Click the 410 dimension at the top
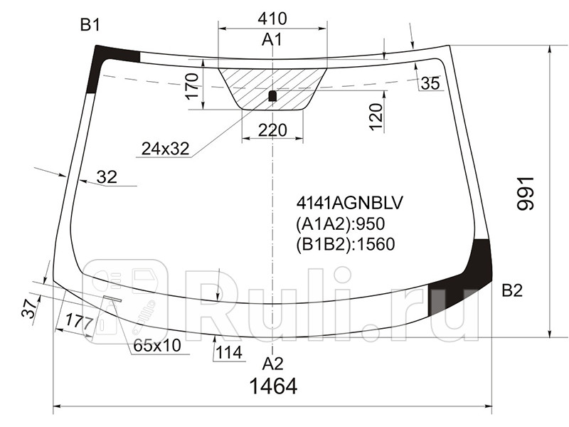pos(272,17)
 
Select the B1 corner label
pos(90,26)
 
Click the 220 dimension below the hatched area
pos(272,130)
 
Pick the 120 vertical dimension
pos(376,112)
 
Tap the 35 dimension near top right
pos(430,83)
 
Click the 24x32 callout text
pos(165,149)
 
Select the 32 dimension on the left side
pos(106,177)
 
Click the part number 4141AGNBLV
pos(349,204)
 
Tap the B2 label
pos(512,290)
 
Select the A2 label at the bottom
pos(272,364)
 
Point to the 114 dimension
pos(229,352)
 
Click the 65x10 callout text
pos(157,347)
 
